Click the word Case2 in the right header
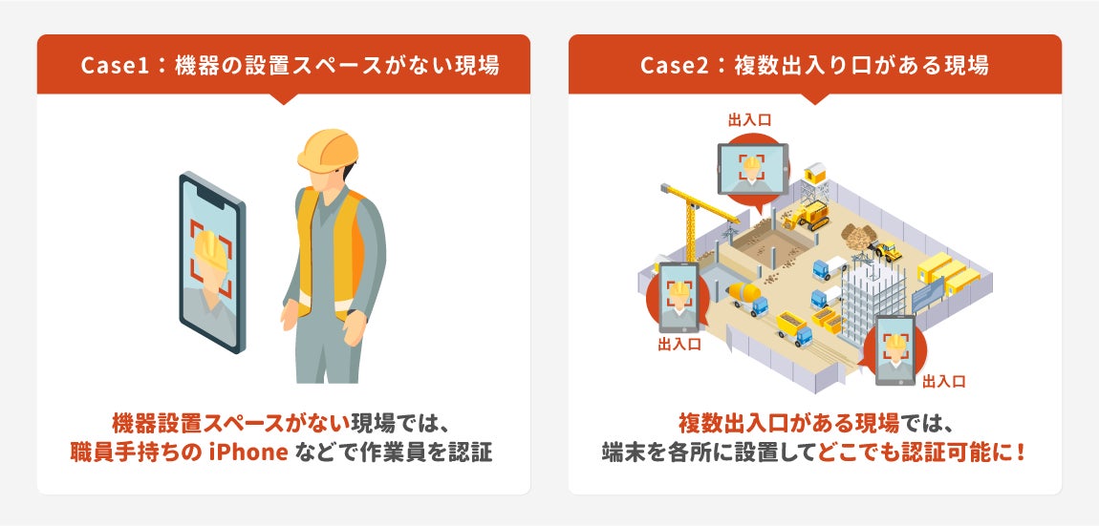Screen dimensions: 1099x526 [x=671, y=66]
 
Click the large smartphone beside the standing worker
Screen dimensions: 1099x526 [x=212, y=262]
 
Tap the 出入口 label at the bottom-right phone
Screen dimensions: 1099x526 [x=943, y=381]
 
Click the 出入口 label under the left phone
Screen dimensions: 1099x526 [x=679, y=345]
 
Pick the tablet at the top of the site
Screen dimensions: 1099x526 [x=752, y=169]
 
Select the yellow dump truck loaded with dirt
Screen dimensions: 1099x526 [x=793, y=326]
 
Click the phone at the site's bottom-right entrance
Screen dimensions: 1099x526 [x=894, y=349]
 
